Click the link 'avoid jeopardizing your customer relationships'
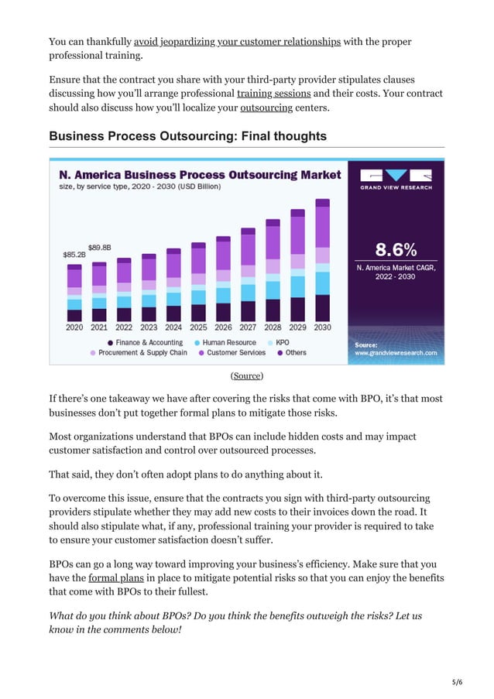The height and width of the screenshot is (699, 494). point(237,41)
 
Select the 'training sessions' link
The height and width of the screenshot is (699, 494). point(273,93)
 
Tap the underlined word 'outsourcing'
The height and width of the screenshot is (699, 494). point(266,108)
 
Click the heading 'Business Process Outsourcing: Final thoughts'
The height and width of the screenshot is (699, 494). point(187,136)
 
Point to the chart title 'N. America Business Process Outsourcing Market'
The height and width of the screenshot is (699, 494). point(200,175)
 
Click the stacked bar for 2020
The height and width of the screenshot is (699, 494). point(74,293)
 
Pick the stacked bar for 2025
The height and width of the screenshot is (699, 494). point(198,282)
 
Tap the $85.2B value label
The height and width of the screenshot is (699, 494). point(74,254)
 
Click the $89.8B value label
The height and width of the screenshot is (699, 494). point(99,248)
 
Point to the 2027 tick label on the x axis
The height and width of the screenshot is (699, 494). point(248,327)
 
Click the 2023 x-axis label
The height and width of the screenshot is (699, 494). point(149,327)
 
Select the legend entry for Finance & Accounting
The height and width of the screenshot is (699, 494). point(145,342)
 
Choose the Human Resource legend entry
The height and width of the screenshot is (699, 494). point(225,342)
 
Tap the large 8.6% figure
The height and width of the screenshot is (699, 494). point(396,249)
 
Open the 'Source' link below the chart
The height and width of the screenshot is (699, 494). point(247,375)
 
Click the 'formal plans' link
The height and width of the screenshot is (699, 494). point(111,577)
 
